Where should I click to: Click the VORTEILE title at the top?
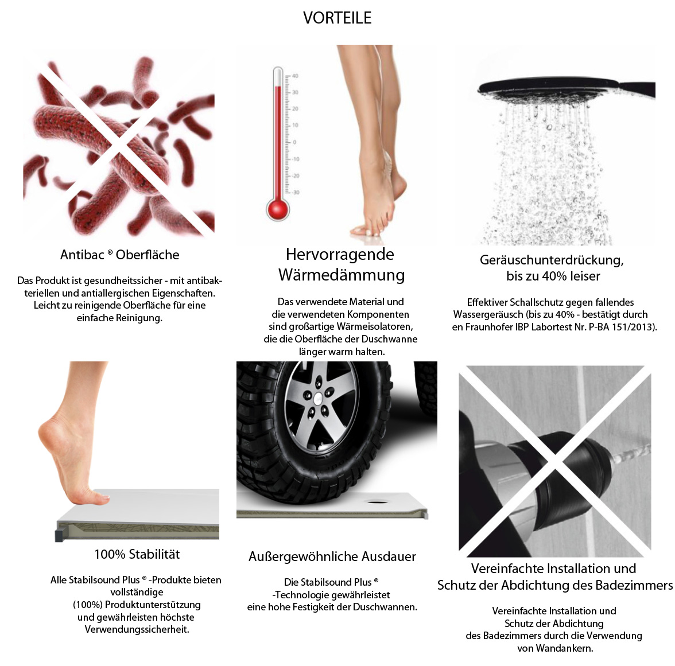point(337,18)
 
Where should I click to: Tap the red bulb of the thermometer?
point(278,209)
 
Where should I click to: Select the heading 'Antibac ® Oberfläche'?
point(119,255)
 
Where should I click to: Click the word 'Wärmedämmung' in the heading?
point(342,275)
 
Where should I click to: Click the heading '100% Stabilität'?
point(137,554)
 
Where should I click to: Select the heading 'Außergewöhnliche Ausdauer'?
point(332,556)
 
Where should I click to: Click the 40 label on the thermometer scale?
point(295,76)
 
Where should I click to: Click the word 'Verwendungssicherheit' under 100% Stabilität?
point(137,629)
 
